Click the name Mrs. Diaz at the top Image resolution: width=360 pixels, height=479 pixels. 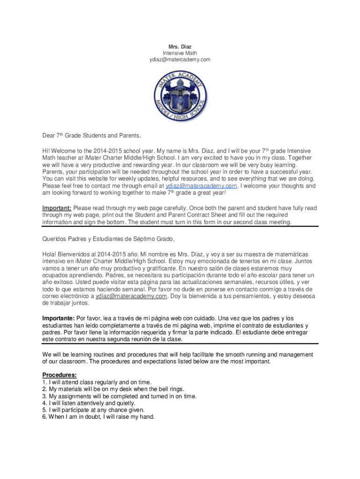tap(180, 47)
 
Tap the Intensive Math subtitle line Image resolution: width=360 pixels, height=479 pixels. tap(180, 53)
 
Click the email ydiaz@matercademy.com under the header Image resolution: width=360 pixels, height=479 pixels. tap(180, 60)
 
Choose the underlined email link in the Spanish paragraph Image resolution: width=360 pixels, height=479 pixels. tap(131, 296)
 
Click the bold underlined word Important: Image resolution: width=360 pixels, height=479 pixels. tap(57, 208)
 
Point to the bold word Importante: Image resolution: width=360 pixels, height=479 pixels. tap(58, 319)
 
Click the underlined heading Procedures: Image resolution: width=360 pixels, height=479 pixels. tap(59, 375)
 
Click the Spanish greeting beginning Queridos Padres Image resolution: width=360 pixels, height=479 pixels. tap(108, 239)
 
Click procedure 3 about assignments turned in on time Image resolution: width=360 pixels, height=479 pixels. tap(119, 396)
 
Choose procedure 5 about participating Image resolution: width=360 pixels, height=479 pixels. tap(94, 410)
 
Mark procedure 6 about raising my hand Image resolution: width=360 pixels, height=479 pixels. tap(98, 417)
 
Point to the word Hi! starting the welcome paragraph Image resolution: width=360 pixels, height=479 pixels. tap(46, 152)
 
